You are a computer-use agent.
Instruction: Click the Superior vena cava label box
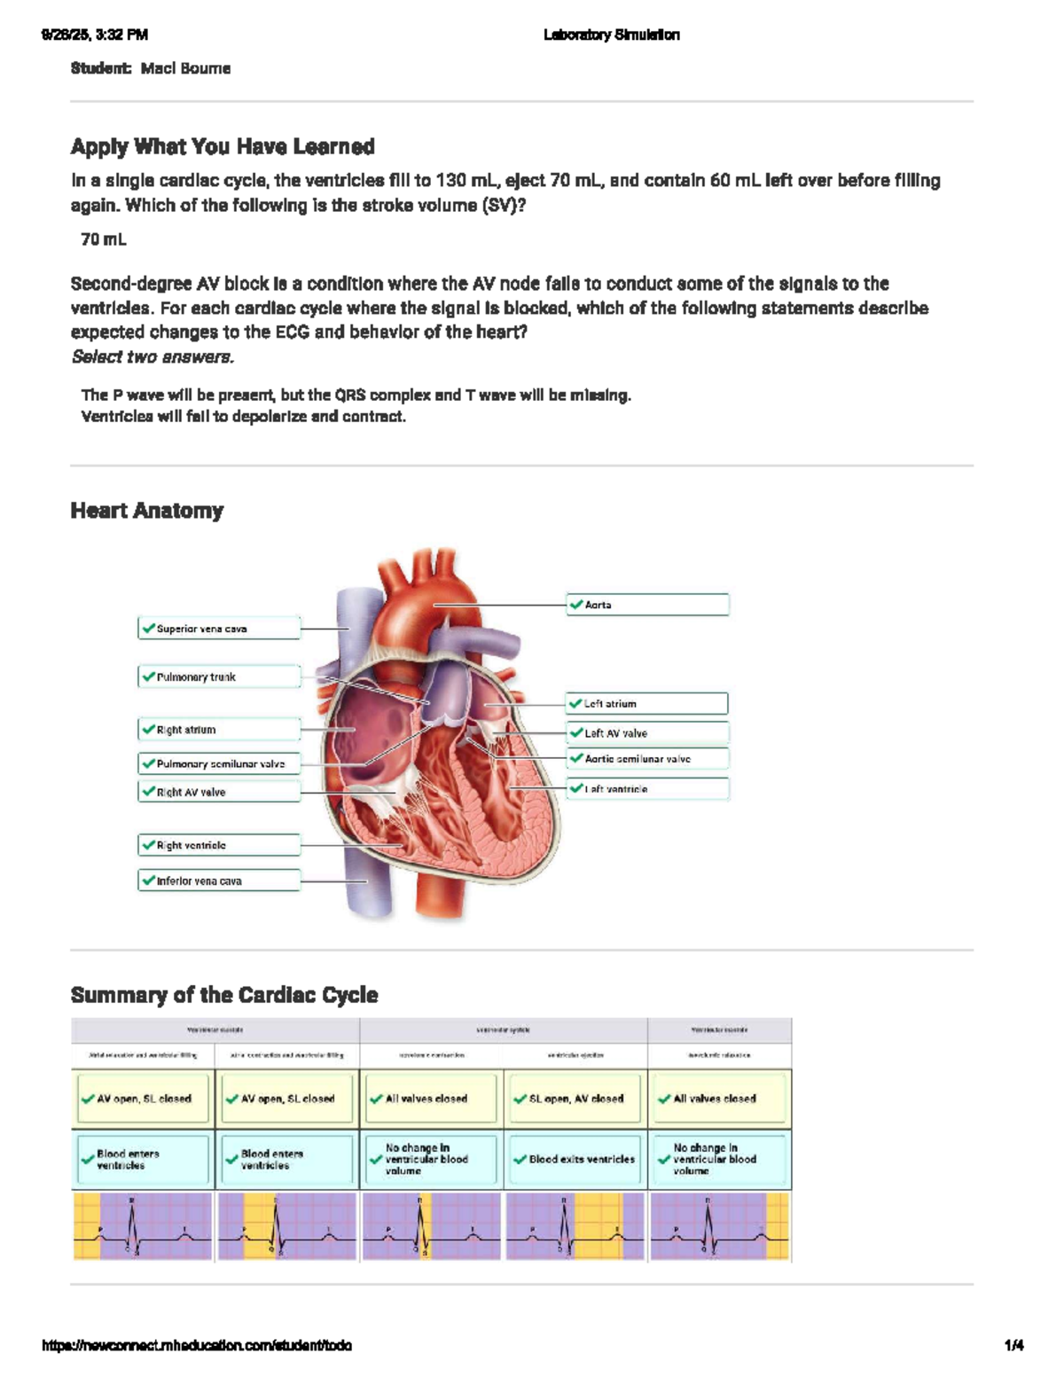coord(219,629)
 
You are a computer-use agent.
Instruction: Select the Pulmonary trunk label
coord(219,677)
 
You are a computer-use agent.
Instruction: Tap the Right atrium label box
coord(219,730)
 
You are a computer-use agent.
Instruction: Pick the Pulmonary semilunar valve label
coord(219,763)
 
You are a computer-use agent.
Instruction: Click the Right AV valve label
coord(219,792)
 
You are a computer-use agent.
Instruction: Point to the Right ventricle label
coord(219,845)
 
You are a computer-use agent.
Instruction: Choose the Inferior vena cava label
coord(219,880)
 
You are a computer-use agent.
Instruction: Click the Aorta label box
coord(647,605)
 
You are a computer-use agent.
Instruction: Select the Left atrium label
coord(647,703)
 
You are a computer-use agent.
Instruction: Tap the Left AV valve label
coord(647,733)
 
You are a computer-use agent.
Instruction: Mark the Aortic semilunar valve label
coord(647,759)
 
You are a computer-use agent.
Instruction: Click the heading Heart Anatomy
coord(147,511)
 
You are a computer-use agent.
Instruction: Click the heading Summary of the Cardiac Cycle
coord(224,995)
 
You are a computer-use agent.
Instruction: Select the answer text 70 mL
coord(104,239)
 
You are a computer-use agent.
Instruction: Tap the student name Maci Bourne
coord(185,68)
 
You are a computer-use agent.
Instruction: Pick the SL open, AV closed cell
coord(575,1099)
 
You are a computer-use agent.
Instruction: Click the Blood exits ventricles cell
coord(575,1159)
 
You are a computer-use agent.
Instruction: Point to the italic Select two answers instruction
coord(153,357)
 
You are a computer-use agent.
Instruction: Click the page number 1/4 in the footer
coord(1013,1345)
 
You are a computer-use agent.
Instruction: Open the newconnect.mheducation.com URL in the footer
coord(197,1345)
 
